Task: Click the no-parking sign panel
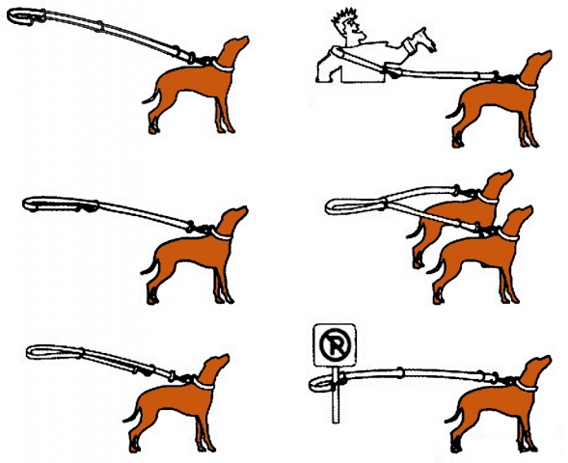point(335,345)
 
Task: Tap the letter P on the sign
point(336,344)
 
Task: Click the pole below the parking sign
point(336,395)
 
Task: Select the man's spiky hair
point(345,17)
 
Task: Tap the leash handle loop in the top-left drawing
point(26,16)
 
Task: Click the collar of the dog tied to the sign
point(527,386)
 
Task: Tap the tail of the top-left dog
point(151,96)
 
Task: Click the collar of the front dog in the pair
point(508,235)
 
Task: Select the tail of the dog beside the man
point(455,111)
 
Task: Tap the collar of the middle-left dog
point(221,234)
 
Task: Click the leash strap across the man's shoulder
point(360,59)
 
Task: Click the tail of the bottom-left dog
point(131,414)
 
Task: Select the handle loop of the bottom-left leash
point(54,352)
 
